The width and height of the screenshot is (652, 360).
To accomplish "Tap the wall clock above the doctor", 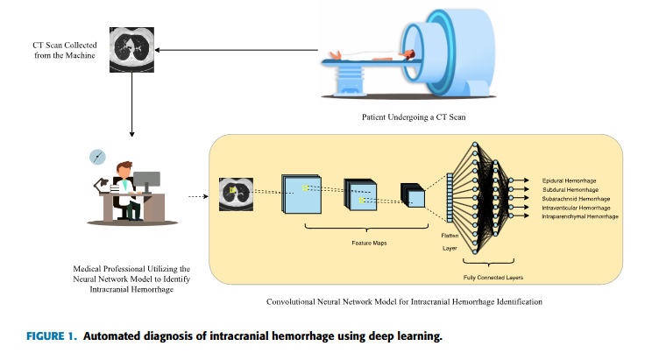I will (x=97, y=157).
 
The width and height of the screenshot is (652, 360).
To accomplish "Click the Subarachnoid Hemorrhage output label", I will (x=570, y=198).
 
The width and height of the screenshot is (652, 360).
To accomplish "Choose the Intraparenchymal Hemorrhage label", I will (x=575, y=215).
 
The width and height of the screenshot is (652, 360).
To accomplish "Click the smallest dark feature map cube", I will (x=412, y=196).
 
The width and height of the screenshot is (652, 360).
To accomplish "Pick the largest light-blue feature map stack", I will (x=302, y=194).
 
